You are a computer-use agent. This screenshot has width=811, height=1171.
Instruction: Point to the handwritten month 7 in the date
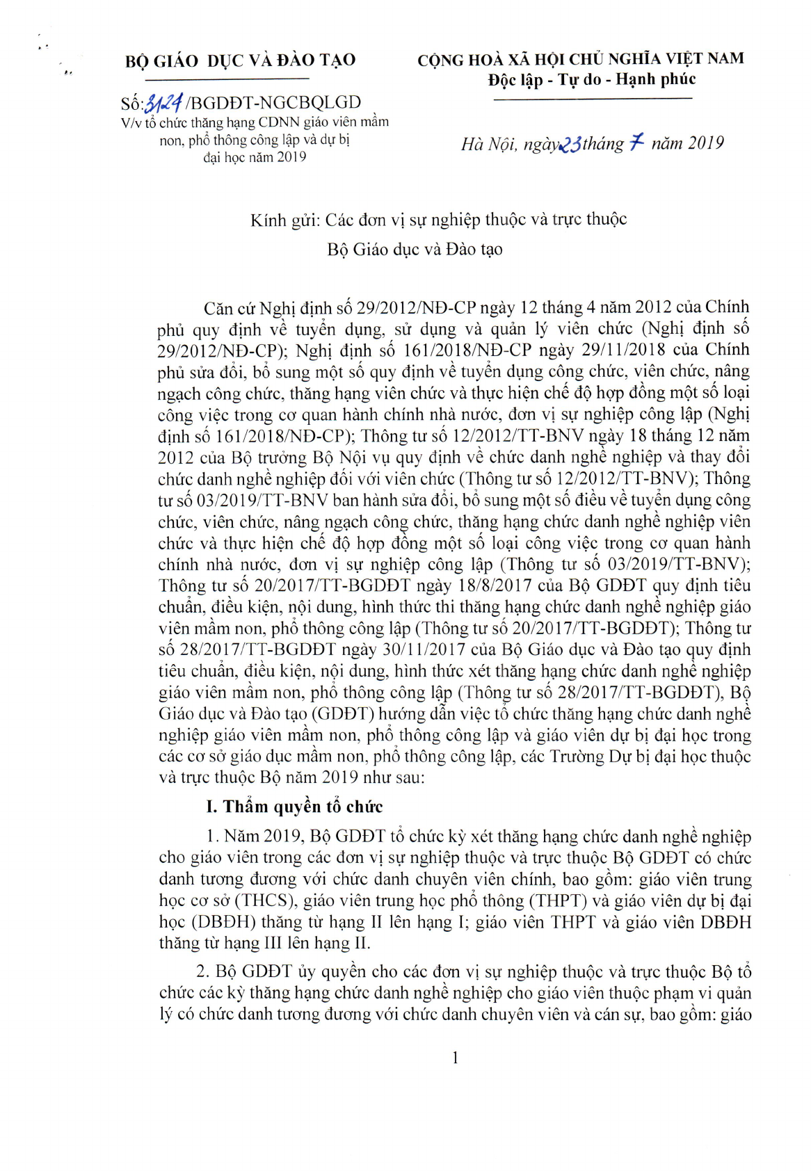636,143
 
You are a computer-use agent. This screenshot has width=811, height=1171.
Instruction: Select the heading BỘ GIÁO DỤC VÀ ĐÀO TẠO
241,60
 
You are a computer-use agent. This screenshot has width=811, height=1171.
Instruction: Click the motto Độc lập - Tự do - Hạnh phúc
591,79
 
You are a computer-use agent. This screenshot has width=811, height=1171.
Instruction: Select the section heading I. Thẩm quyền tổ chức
294,807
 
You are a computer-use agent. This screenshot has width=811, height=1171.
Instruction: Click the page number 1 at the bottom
455,1058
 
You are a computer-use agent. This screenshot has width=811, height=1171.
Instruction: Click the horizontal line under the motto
592,98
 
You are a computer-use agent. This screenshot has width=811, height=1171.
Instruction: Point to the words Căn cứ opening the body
230,307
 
